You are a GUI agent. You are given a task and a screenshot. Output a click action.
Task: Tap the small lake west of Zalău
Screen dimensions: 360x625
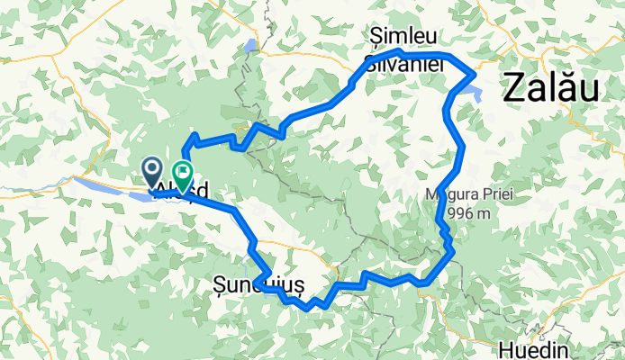[x=476, y=92]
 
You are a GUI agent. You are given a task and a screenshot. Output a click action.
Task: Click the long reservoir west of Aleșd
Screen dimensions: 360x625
[x=108, y=187]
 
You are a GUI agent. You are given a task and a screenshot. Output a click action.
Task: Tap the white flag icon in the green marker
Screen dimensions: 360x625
[x=183, y=169]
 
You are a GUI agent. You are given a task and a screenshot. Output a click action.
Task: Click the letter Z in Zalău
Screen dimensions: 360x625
[x=513, y=88]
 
